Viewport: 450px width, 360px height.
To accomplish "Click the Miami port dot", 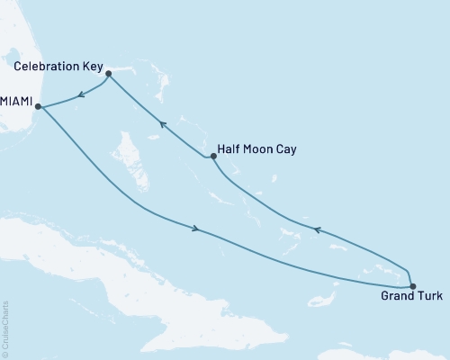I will (38, 106).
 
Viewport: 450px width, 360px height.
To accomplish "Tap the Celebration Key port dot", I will (108, 73).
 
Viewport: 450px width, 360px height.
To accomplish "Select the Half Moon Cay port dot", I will (213, 157).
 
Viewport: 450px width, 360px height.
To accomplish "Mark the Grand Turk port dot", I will (412, 286).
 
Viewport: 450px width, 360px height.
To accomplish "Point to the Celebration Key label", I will (54, 65).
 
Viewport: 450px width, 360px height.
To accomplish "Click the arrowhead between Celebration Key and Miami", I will (81, 93).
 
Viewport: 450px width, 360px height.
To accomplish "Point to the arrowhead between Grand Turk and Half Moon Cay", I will (316, 230).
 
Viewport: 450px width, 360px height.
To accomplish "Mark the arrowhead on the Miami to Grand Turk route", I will (195, 228).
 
